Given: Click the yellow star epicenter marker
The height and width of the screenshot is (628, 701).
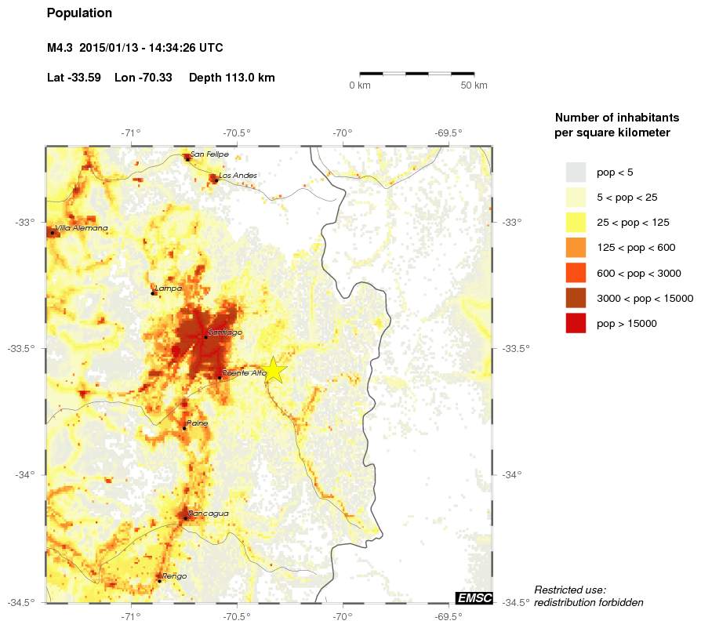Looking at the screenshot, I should point(272,370).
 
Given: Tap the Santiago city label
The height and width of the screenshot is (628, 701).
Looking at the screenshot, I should point(226,332).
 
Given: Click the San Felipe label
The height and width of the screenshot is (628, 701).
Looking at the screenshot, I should point(209,154).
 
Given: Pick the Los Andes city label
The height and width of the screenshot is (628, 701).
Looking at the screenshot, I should point(238,176).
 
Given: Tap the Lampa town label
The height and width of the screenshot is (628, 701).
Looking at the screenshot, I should point(169,289).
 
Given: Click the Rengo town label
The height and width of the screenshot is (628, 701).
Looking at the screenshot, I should point(175,576).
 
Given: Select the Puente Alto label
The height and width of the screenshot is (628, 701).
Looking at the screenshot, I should point(245,373).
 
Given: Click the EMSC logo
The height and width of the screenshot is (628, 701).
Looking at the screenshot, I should point(474,598).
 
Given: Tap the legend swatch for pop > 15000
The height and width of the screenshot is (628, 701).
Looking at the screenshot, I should point(576,323).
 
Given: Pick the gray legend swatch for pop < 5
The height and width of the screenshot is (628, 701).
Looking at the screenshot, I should point(576,172).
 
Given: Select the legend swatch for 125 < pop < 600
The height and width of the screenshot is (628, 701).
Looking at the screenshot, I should point(576,248).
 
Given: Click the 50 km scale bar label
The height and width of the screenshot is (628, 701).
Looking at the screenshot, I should point(474,85).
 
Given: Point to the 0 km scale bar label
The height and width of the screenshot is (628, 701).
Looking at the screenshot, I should point(359,85).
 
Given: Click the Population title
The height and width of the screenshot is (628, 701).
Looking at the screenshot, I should point(79,13).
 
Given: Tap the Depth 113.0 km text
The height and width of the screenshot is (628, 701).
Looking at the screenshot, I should point(232,78).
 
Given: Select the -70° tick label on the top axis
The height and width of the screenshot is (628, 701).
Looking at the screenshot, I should point(343,132).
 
